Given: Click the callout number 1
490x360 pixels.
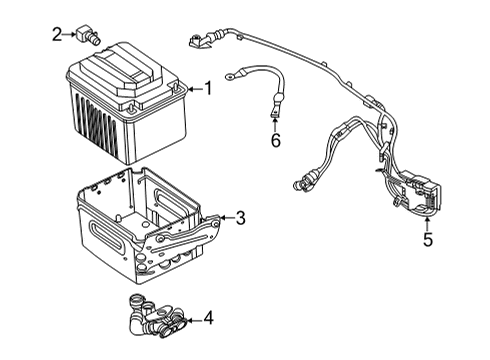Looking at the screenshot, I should (x=208, y=89).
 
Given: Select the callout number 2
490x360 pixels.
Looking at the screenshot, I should (x=57, y=35).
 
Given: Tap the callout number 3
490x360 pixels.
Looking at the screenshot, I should (x=240, y=218).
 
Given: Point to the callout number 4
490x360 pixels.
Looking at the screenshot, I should (x=208, y=319).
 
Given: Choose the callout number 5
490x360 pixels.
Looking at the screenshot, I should (x=427, y=239).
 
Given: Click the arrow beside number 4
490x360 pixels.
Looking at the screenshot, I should (x=194, y=319).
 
